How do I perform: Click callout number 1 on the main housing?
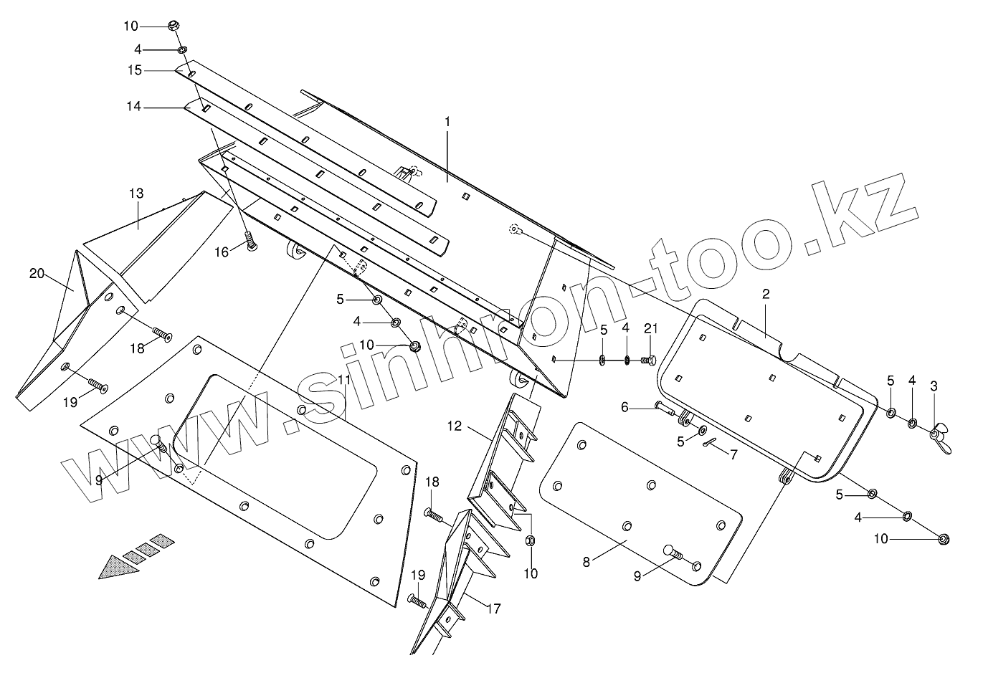(447, 123)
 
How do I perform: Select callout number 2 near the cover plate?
(766, 294)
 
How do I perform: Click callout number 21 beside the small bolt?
(650, 329)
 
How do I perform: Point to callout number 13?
(136, 194)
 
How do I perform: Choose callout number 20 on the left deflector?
(37, 273)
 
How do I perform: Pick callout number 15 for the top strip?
(135, 70)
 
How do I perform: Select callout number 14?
(135, 108)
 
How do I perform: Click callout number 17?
(493, 609)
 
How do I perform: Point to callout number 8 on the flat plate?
(587, 563)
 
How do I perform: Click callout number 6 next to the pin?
(625, 407)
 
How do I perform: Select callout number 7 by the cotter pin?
(733, 454)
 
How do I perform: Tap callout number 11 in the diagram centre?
(344, 379)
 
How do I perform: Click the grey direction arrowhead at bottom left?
(118, 568)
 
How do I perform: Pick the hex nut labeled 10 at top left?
(173, 26)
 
